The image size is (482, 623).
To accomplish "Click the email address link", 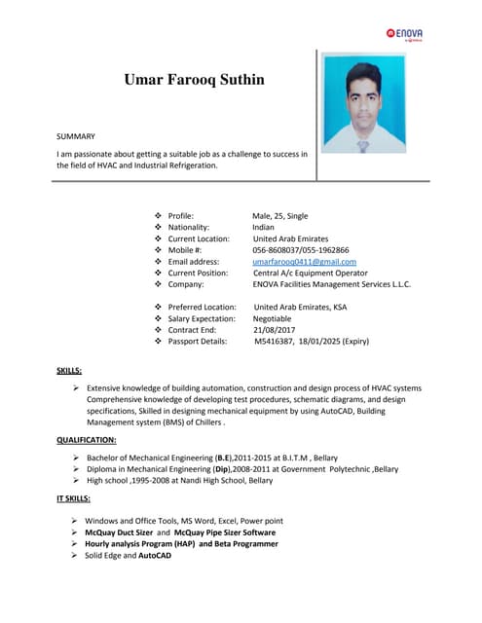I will pyautogui.click(x=304, y=262).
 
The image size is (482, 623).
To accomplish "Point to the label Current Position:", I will pyautogui.click(x=204, y=274).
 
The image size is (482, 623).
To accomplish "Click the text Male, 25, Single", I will pyautogui.click(x=280, y=215).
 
